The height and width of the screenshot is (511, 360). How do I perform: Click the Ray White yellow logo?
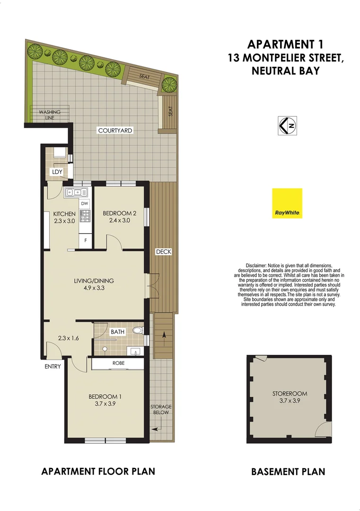click(x=287, y=203)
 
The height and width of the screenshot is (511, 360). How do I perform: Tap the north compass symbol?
click(x=287, y=125)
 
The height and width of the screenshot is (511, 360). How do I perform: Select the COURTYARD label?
click(x=115, y=130)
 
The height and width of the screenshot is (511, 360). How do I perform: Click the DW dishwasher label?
click(x=85, y=203)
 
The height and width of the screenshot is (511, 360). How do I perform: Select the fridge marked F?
click(x=85, y=240)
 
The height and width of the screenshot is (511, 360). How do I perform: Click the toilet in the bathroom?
click(x=137, y=330)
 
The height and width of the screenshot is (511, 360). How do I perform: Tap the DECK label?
click(x=164, y=252)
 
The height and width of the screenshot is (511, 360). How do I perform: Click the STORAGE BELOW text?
click(x=161, y=410)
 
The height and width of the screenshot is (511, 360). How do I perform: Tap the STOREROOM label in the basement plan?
click(x=290, y=393)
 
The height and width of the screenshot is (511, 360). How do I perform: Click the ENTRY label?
click(x=53, y=366)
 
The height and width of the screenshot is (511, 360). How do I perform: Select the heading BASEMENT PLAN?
click(x=288, y=471)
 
